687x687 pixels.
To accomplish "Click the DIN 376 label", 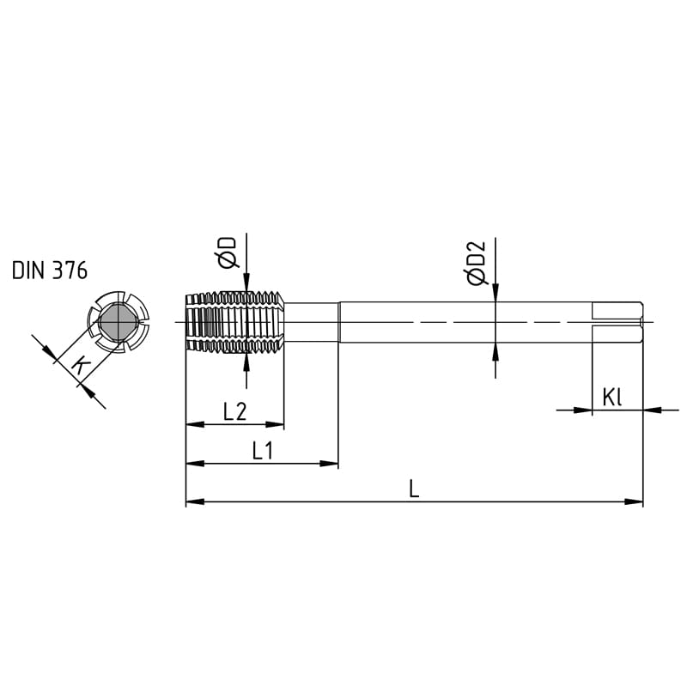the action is [50, 271].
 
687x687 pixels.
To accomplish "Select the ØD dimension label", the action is [227, 252].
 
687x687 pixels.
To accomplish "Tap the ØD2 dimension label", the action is [476, 263].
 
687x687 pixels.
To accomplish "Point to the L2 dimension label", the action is [234, 411].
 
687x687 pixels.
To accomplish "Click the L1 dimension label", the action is [263, 450].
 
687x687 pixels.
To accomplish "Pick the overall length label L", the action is [414, 489].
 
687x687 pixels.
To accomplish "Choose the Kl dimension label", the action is [612, 398].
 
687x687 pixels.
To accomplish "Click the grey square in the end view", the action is [119, 323].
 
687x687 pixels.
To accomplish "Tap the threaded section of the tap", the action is [235, 322].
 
